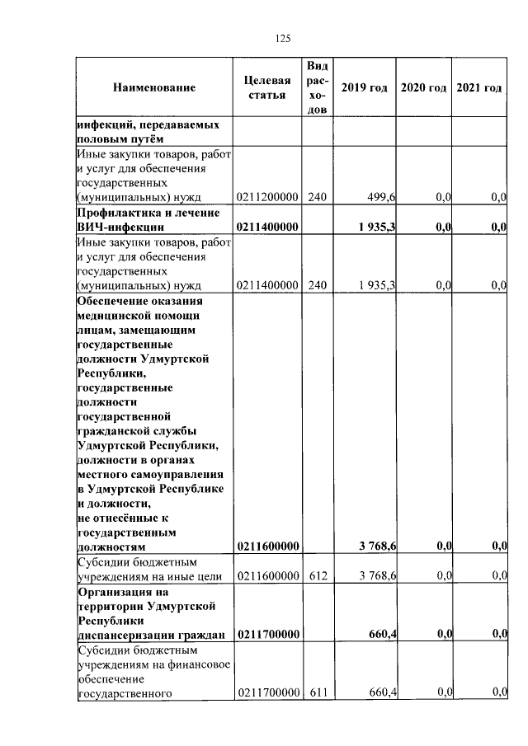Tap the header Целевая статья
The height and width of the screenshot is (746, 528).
pyautogui.click(x=267, y=88)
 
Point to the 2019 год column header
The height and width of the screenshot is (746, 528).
pyautogui.click(x=364, y=88)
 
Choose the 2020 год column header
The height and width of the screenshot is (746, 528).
pyautogui.click(x=423, y=88)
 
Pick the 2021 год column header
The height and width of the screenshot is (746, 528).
pyautogui.click(x=478, y=88)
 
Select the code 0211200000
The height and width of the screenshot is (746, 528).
pyautogui.click(x=267, y=197)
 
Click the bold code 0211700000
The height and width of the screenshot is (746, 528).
pyautogui.click(x=267, y=635)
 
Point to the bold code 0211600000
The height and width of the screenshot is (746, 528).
pyautogui.click(x=267, y=546)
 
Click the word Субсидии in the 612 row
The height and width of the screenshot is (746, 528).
pyautogui.click(x=101, y=561)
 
